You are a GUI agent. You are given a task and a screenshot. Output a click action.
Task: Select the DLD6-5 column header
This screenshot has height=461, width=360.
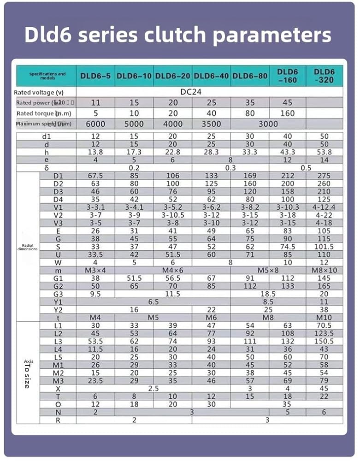[x=95, y=76]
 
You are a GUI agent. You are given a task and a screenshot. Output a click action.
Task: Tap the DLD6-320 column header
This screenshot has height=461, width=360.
[x=324, y=76]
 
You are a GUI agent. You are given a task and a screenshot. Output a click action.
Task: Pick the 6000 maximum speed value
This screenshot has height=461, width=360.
[x=95, y=124]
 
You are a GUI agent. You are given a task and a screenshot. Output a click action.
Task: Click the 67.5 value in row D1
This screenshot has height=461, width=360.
[x=95, y=176]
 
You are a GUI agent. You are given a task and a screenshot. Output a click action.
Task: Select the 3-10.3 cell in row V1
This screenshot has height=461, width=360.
[x=288, y=207]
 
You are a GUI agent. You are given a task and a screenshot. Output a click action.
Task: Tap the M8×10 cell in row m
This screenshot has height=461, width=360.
[x=324, y=270]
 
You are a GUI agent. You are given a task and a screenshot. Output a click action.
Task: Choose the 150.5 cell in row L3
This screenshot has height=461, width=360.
[x=324, y=341]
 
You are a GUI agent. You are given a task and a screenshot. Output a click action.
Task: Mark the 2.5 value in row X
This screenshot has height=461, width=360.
[x=153, y=389]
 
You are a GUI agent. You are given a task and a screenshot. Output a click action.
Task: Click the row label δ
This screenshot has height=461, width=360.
[x=47, y=168]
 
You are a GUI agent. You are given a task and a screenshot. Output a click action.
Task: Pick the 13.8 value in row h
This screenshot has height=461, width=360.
[x=95, y=152]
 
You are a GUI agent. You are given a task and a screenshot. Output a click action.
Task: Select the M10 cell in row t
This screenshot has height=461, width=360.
[x=324, y=318]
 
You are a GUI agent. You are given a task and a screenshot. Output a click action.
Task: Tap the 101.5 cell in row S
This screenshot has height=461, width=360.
[x=324, y=247]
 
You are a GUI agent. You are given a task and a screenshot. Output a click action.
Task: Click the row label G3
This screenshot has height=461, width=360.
[x=58, y=294]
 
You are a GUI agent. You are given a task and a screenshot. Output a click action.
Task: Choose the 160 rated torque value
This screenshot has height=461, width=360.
[x=288, y=113]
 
